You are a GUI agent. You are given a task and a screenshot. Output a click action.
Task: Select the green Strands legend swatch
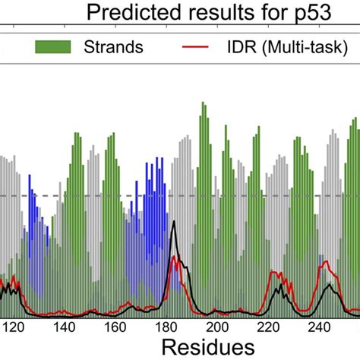(x=52, y=47)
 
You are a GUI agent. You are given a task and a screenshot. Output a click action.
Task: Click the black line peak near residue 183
(x=175, y=222)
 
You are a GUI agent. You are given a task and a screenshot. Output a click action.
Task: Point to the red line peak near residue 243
(x=327, y=262)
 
